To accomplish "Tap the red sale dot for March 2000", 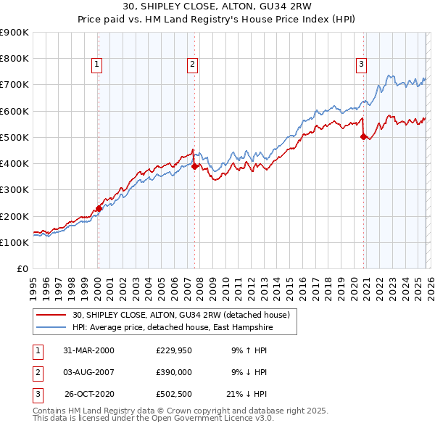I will (99, 208).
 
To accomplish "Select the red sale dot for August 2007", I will (194, 166).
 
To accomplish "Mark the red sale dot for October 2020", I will (363, 136).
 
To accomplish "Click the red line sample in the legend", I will (52, 315).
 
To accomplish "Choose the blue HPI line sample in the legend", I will (52, 327).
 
